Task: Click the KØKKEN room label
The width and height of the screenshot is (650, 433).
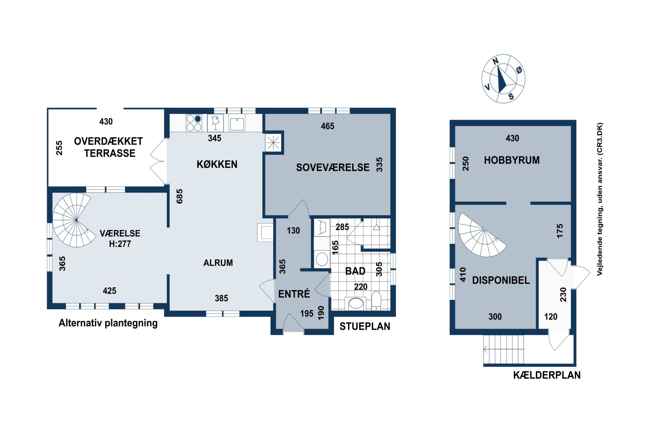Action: point(217,164)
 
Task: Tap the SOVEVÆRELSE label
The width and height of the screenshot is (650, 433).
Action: point(333,168)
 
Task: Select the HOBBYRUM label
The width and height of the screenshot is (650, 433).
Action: point(512,160)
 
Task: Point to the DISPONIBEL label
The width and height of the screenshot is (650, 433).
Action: point(501,280)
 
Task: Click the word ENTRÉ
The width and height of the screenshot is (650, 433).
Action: point(294,294)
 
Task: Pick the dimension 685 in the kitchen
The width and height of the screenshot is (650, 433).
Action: point(180,196)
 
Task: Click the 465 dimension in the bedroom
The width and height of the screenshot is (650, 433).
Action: point(327,126)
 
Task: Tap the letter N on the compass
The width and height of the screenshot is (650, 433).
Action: point(496,61)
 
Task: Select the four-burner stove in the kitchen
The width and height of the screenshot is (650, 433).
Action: point(194,123)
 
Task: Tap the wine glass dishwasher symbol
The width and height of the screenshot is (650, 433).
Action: point(215,123)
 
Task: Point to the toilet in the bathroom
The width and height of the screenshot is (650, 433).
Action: point(376,301)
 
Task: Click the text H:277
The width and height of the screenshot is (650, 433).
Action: point(120,244)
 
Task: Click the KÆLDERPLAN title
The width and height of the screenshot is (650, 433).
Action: point(547,375)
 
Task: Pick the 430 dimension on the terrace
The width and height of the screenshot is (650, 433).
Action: point(106,121)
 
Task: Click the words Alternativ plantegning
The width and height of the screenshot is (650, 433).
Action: point(108,323)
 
